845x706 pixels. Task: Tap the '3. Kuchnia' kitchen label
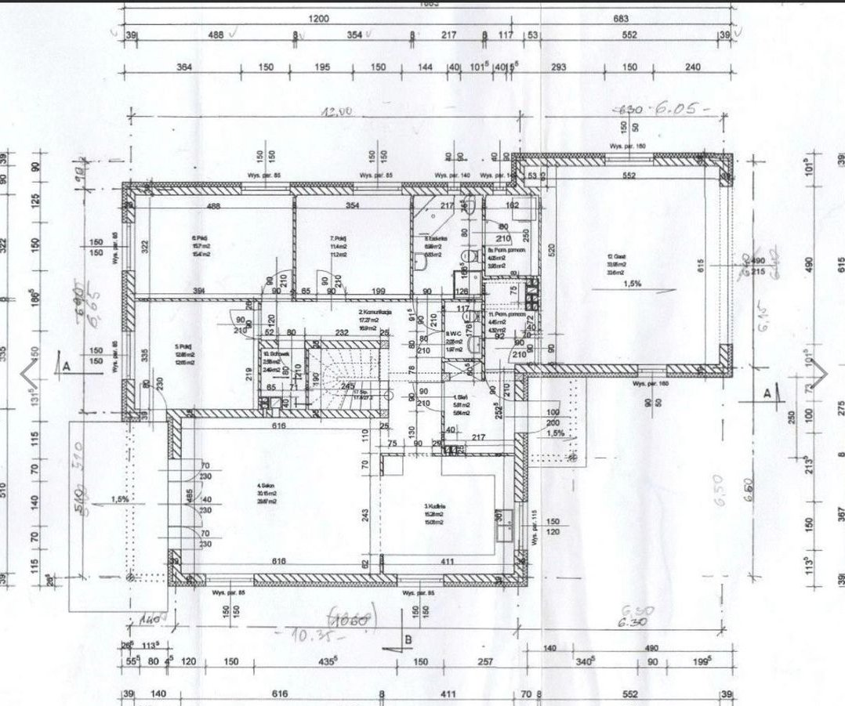(433, 507)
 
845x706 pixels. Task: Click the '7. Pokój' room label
(339, 238)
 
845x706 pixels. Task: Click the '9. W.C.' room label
(452, 333)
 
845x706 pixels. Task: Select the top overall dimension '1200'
(317, 18)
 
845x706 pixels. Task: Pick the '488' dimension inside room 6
(213, 206)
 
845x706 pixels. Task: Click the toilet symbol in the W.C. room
(467, 352)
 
